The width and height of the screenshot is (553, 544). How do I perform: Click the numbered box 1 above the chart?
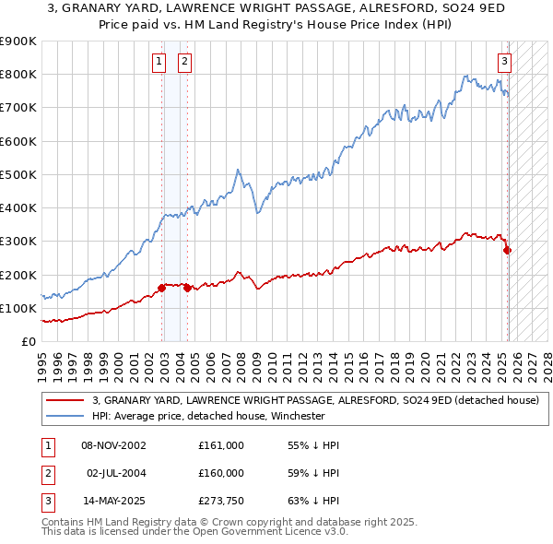coord(159,62)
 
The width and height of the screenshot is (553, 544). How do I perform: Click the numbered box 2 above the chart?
coord(184,62)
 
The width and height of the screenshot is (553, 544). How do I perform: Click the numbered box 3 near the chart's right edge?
coord(505,62)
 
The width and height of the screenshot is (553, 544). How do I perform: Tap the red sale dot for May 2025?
coord(507,250)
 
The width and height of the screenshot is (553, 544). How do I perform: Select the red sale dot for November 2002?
coord(162,288)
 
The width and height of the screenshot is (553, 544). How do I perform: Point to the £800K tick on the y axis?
coord(21,75)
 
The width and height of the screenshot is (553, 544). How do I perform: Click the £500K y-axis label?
coord(21,174)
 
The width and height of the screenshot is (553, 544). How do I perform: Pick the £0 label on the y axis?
coord(29,341)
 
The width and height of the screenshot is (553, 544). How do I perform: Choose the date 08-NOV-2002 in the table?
coord(113,445)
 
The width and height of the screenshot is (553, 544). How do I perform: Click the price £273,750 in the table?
coord(221,503)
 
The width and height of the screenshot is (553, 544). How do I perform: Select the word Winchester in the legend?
coord(298,416)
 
